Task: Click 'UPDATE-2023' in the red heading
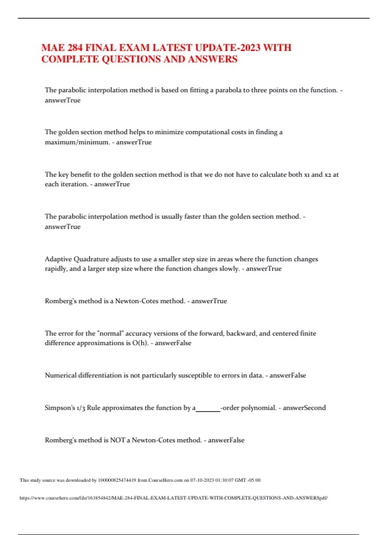pos(227,48)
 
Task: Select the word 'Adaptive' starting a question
pos(58,259)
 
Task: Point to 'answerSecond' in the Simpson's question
pos(304,408)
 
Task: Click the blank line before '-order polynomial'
pos(208,409)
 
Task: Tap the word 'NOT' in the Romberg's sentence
pos(117,440)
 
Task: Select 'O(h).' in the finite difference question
pos(140,343)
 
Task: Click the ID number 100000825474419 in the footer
pos(117,480)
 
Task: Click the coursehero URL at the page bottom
pos(173,498)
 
